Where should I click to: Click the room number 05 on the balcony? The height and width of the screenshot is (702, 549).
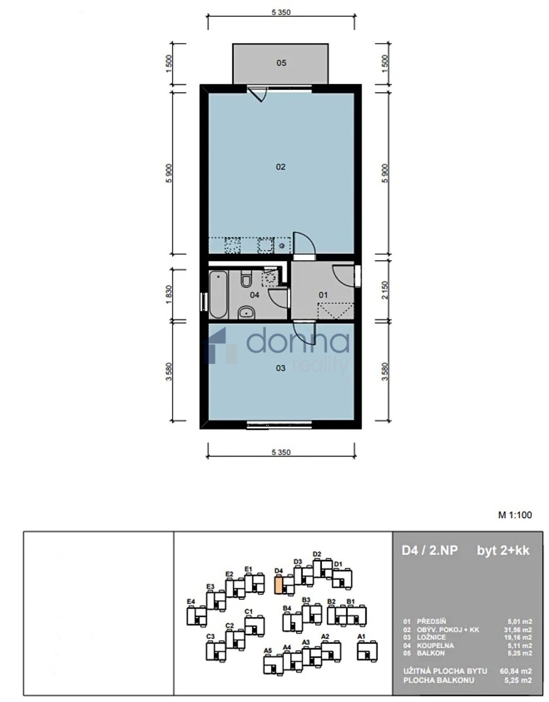(x=281, y=63)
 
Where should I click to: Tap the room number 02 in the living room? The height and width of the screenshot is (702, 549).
(x=280, y=167)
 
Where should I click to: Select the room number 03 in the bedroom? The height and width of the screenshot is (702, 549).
(x=280, y=368)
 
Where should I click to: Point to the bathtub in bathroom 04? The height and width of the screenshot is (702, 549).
(x=218, y=294)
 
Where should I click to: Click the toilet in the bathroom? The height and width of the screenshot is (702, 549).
(x=246, y=279)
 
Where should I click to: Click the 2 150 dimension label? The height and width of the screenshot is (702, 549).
(x=384, y=290)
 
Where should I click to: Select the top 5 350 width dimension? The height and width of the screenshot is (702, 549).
(x=281, y=13)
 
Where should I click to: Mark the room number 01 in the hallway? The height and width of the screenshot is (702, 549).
(x=323, y=295)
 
